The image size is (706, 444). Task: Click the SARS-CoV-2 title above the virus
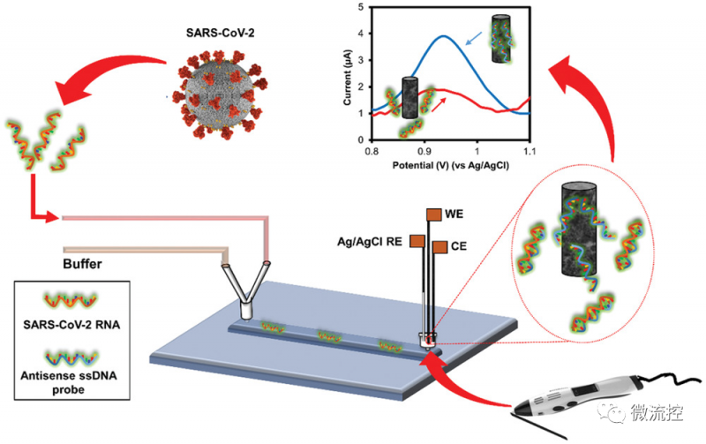[x=220, y=33]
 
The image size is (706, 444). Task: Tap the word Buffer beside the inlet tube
[x=82, y=264]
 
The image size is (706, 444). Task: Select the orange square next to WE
[x=433, y=214]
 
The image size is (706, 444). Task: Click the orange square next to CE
[x=439, y=247]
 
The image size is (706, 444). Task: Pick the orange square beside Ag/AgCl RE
[x=417, y=241]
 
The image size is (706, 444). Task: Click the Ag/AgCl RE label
[x=369, y=242]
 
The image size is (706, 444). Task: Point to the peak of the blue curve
[x=444, y=36]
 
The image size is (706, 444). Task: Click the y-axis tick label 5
[x=361, y=7]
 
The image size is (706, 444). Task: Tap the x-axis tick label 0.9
[x=424, y=151]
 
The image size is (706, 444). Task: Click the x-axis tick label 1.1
[x=529, y=151]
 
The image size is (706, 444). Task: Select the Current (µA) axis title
[x=347, y=78]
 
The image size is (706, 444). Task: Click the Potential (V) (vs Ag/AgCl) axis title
[x=451, y=165]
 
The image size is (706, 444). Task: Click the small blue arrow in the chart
[x=473, y=38]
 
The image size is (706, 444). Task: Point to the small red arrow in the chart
[x=439, y=104]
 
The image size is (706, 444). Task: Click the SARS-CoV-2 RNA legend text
[x=71, y=325]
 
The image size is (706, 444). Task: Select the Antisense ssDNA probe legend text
[x=69, y=382]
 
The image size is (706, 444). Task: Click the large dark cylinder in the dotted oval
[x=579, y=230]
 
